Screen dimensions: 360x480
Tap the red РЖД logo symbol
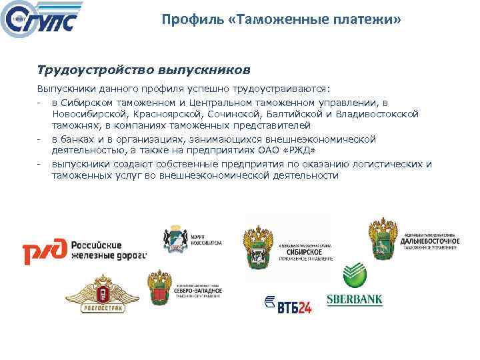(x=45, y=252)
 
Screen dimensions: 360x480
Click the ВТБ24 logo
(x=287, y=303)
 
